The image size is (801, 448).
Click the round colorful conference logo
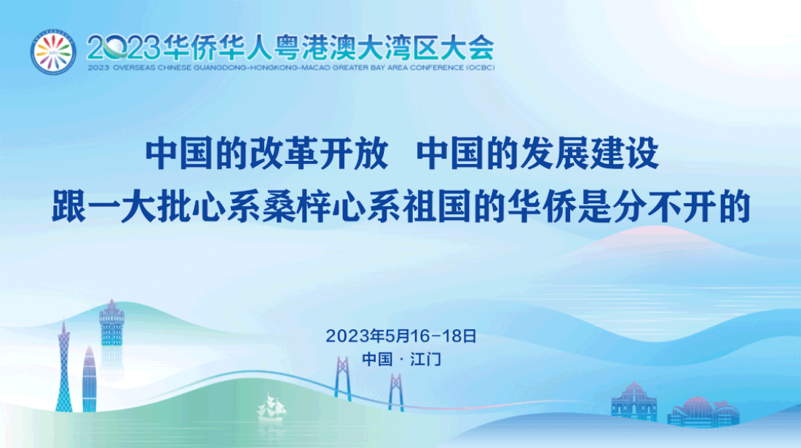tap(53, 52)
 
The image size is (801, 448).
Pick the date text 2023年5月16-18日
tap(400, 337)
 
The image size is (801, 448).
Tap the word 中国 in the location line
tap(376, 359)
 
